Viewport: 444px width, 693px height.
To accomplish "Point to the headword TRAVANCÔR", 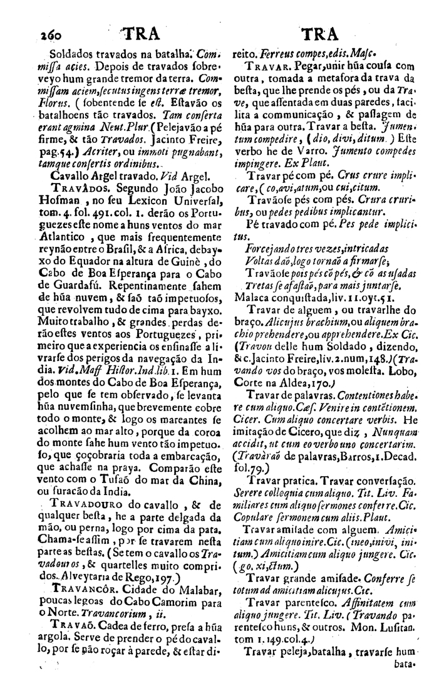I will tap(85, 588).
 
